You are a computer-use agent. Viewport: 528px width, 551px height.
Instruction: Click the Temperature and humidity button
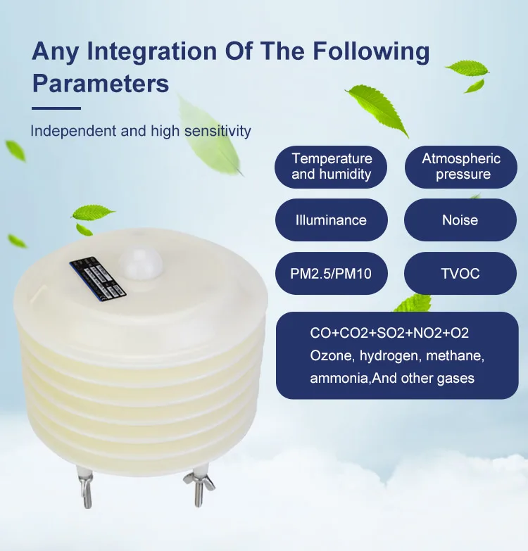click(x=332, y=167)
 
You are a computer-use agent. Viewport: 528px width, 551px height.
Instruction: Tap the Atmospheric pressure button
click(x=460, y=167)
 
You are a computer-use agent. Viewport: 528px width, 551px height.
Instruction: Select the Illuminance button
click(x=331, y=220)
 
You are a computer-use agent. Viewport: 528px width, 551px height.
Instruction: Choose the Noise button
click(x=460, y=220)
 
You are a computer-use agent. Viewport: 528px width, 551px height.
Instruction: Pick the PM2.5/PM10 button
click(x=331, y=274)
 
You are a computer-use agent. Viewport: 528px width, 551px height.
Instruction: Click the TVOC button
click(x=460, y=274)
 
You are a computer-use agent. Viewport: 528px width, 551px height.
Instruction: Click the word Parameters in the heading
click(x=101, y=83)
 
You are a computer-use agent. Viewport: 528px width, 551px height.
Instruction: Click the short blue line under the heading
click(x=57, y=108)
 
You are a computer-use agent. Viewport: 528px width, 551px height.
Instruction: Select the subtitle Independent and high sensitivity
click(x=141, y=131)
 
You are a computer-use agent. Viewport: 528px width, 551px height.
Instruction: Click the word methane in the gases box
click(x=450, y=355)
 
